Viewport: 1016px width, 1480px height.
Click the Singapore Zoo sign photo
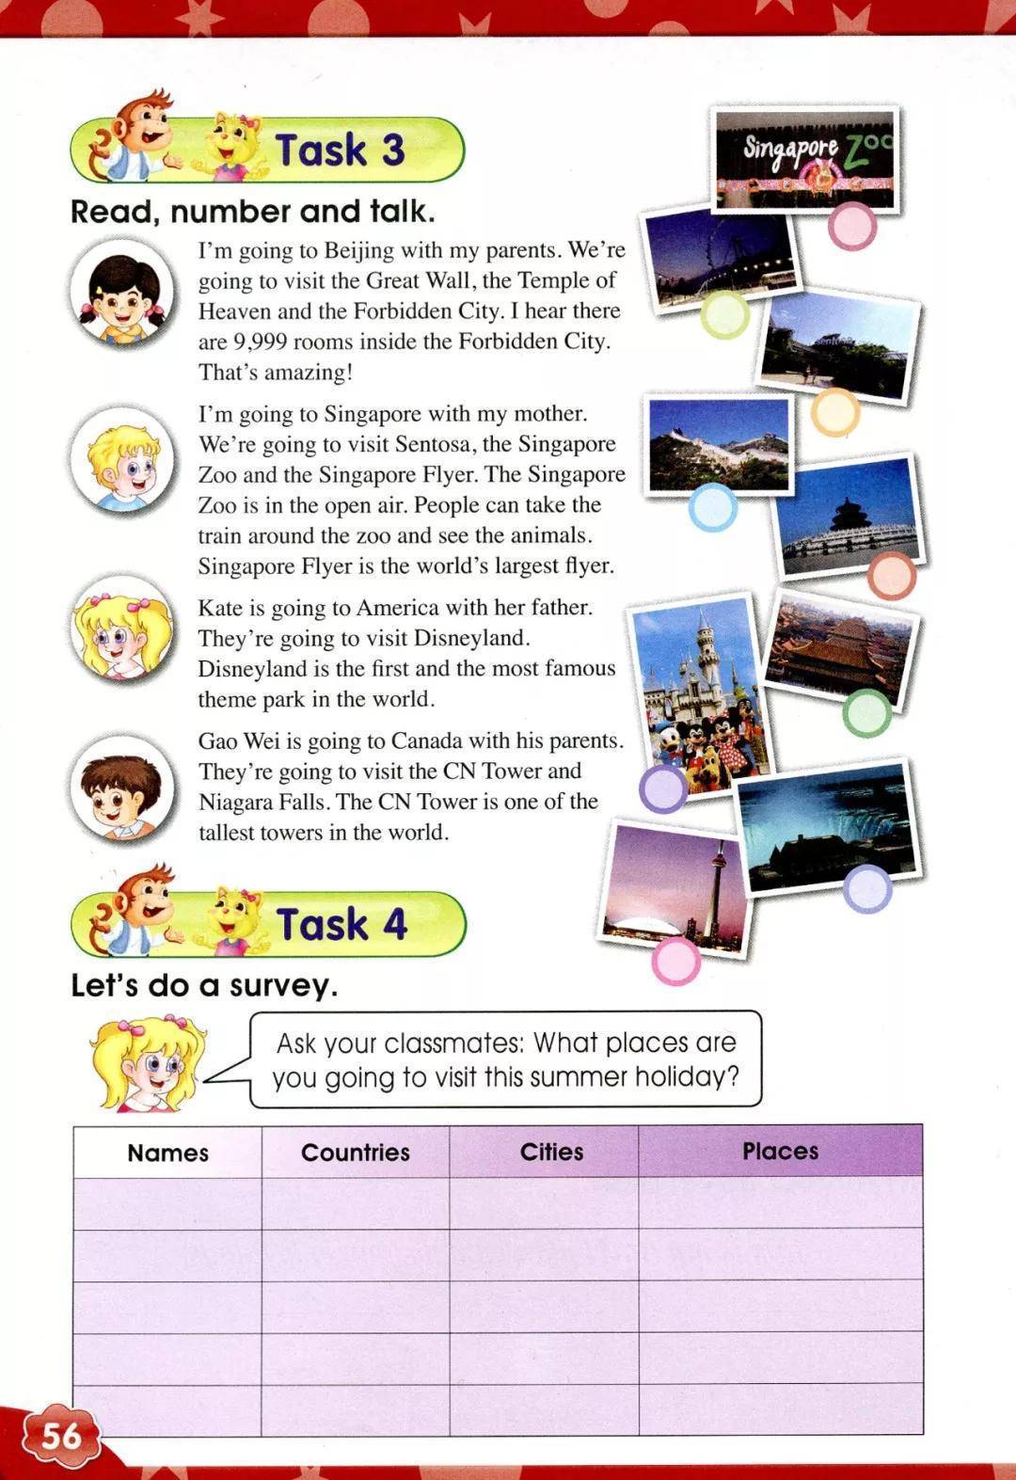coord(804,157)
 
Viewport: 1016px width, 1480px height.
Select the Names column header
coord(167,1153)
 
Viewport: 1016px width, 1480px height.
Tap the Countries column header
coord(356,1153)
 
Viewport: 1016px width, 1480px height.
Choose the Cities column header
coord(551,1152)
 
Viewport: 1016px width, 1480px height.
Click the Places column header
coord(780,1151)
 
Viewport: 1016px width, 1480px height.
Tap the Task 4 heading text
coord(341,924)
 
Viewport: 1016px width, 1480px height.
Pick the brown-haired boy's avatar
coord(122,787)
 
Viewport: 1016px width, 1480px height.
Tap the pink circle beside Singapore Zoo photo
coord(853,226)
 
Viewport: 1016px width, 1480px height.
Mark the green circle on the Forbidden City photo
coord(866,714)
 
